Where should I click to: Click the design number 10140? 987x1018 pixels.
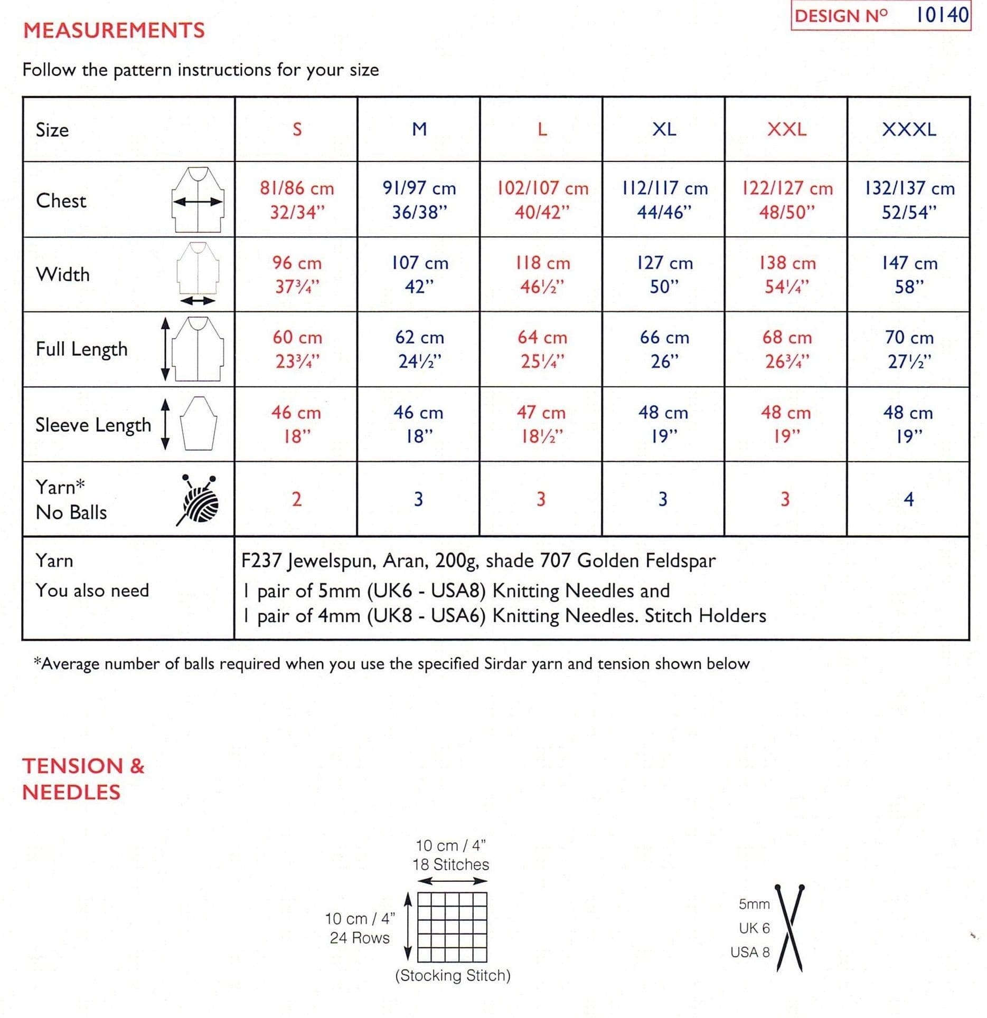942,15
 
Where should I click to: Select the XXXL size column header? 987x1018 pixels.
908,129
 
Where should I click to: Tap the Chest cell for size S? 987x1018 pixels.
296,199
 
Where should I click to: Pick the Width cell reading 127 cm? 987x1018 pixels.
664,274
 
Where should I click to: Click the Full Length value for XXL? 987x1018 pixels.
786,349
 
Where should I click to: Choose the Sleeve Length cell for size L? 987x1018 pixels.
541,424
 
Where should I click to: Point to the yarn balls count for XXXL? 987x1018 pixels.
908,499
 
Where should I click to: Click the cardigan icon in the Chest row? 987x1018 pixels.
198,200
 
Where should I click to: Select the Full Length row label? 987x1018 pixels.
82,349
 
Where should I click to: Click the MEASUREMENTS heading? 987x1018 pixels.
114,30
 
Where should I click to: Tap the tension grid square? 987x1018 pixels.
452,927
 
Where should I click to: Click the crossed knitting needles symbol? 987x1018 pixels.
789,928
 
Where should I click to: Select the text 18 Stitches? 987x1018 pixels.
450,864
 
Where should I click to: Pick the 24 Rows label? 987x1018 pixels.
360,938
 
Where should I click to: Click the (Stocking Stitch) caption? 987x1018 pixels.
453,975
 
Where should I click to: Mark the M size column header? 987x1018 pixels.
419,129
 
